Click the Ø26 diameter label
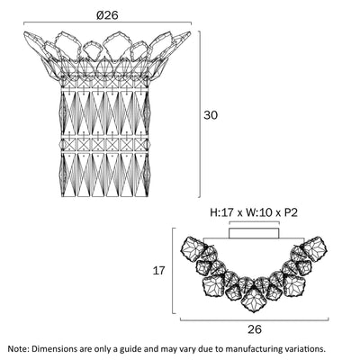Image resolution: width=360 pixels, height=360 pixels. (x=107, y=15)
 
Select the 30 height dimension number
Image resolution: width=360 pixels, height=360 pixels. (x=211, y=115)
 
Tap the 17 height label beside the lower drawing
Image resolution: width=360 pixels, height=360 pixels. (x=159, y=271)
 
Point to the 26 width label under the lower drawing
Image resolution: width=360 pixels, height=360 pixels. (x=255, y=329)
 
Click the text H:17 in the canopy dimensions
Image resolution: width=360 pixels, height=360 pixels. (x=222, y=212)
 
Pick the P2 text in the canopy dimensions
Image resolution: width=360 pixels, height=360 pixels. (x=291, y=212)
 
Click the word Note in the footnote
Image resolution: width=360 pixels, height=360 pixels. (x=17, y=349)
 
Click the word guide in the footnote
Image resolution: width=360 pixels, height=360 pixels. (x=130, y=349)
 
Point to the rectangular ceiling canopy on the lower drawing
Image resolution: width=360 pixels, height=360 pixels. (x=254, y=233)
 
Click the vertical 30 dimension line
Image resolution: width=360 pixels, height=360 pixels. (x=200, y=114)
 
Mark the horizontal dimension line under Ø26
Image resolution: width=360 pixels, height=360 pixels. (x=107, y=22)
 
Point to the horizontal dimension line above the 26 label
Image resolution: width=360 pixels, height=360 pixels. (x=255, y=320)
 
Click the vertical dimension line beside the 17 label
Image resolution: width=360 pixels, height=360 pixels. (x=174, y=271)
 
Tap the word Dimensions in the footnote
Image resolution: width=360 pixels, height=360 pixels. (x=52, y=349)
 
